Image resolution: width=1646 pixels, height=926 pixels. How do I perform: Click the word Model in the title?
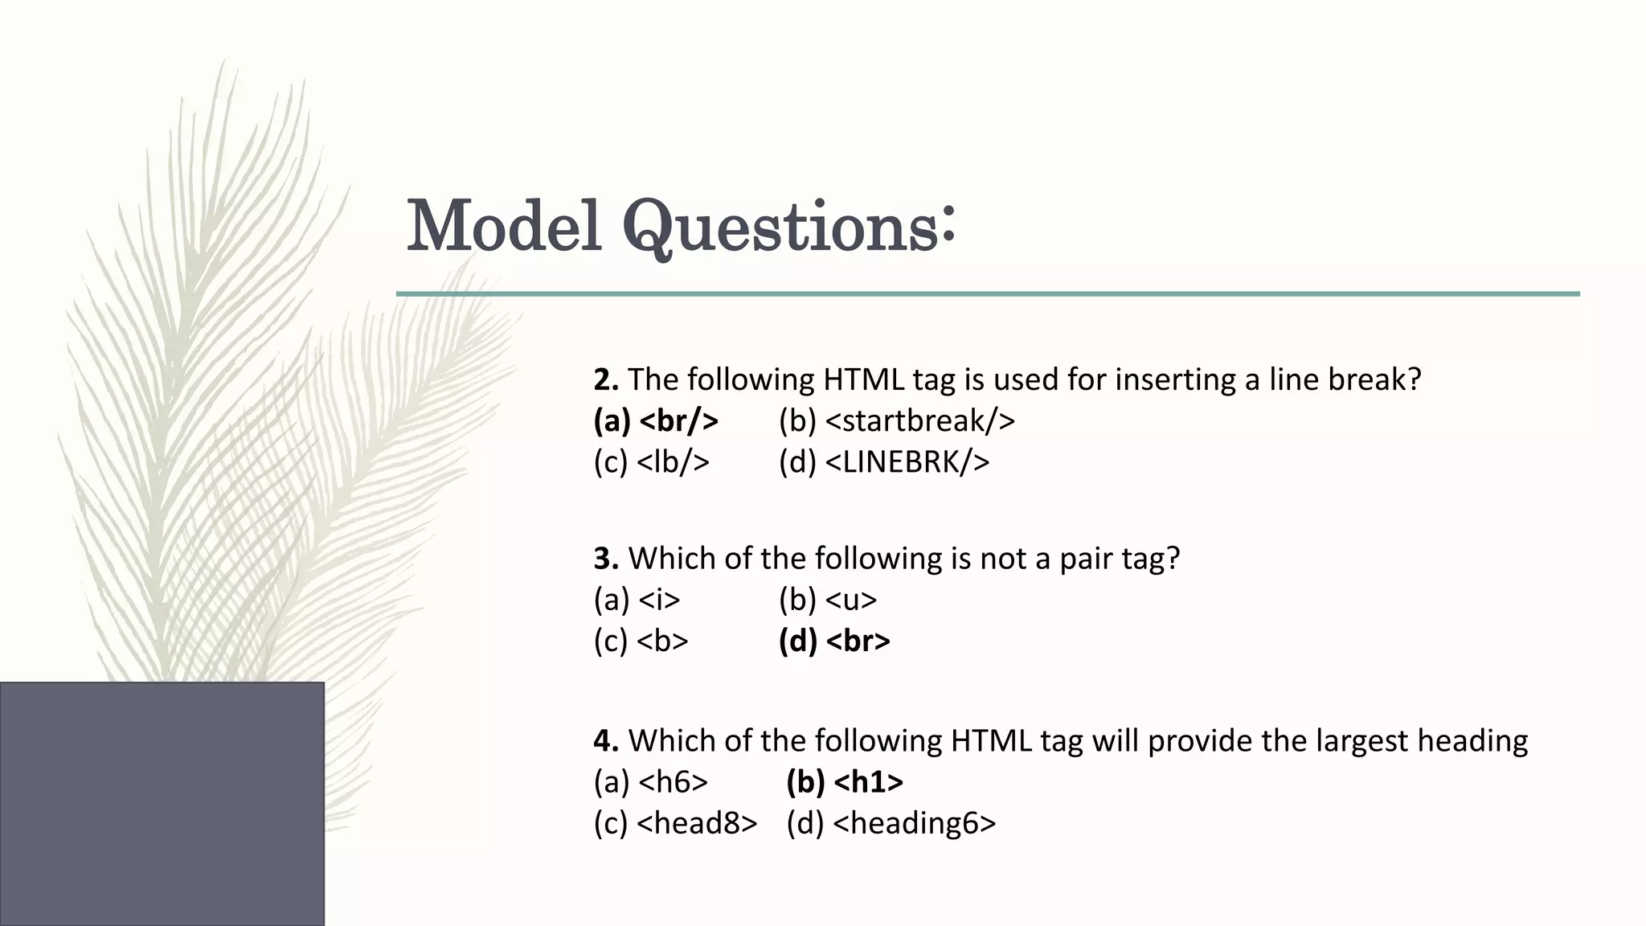point(504,226)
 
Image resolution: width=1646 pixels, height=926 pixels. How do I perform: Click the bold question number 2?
point(605,379)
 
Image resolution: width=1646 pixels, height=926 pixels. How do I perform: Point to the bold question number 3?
point(605,558)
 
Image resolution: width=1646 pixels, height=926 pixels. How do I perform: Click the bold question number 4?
point(605,740)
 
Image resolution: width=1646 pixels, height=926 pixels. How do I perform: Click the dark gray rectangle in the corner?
point(162,804)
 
